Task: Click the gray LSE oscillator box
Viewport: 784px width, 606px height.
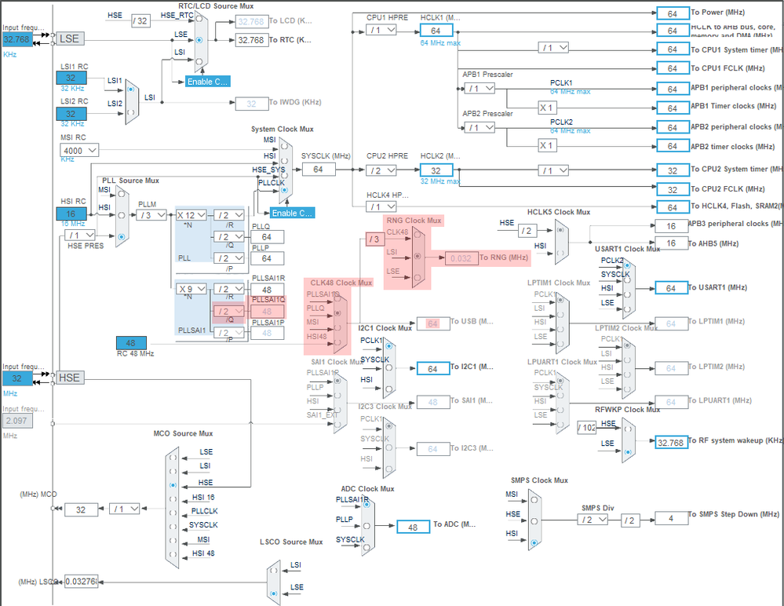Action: (68, 38)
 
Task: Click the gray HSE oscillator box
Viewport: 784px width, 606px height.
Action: (68, 378)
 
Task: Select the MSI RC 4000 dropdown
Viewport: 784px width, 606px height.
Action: (78, 150)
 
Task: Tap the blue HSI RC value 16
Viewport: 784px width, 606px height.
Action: (71, 214)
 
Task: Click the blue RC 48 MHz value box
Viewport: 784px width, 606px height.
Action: (130, 343)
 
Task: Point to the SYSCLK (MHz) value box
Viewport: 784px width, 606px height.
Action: (317, 170)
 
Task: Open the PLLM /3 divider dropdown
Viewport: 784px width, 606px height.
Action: (150, 215)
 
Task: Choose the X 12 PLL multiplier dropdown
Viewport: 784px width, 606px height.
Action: (191, 215)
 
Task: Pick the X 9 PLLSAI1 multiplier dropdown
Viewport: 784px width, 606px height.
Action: (191, 289)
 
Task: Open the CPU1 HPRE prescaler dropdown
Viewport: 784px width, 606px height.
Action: (381, 30)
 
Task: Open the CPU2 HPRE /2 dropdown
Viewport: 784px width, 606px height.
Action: (381, 170)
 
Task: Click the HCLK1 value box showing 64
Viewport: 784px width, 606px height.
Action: (436, 30)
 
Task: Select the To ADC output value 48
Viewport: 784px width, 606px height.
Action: (413, 527)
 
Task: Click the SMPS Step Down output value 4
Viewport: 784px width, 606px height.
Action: (671, 519)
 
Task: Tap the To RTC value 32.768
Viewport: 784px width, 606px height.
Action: (251, 39)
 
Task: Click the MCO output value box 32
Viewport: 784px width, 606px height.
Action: (81, 509)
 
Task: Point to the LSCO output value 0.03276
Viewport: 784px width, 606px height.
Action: (81, 582)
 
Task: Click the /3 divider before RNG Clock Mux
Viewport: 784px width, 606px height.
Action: (374, 239)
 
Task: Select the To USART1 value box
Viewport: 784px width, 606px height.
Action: (671, 288)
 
